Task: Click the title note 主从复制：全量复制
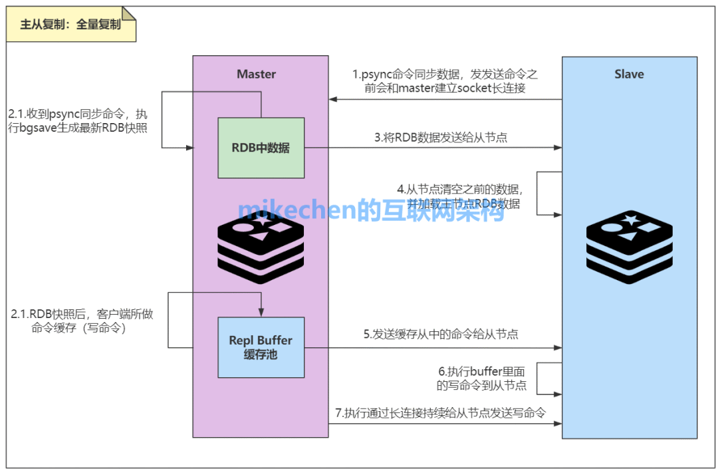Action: (70, 25)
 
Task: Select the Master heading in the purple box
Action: (256, 74)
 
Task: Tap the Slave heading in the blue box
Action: (629, 74)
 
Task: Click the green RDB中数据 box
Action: (261, 148)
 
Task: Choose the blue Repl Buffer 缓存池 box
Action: (261, 347)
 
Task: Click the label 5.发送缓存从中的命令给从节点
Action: (441, 335)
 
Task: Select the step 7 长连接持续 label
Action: (441, 413)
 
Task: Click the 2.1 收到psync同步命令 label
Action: (78, 120)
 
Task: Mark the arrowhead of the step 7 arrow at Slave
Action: (557, 423)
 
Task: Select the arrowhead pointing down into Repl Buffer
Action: (261, 313)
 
